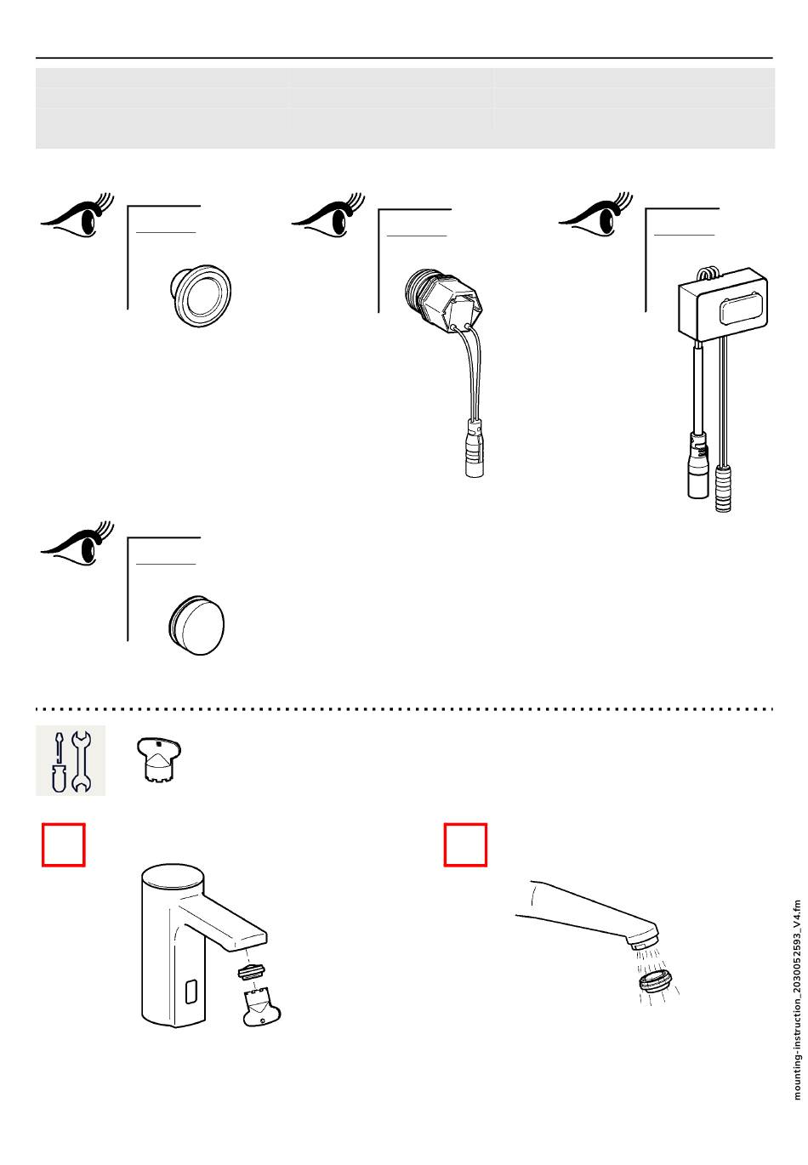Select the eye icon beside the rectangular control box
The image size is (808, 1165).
595,216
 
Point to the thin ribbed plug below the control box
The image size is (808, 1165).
723,489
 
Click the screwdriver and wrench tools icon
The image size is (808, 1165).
71,760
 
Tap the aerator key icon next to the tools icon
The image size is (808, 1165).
159,759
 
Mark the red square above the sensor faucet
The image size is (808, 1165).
64,844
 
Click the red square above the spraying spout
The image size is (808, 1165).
466,844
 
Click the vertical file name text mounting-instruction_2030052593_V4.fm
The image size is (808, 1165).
797,999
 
